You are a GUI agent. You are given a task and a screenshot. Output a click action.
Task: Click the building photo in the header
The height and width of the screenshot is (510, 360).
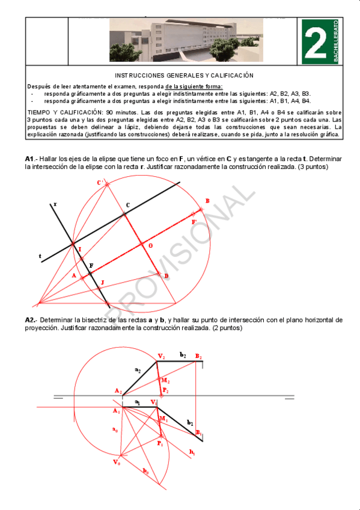point(186,40)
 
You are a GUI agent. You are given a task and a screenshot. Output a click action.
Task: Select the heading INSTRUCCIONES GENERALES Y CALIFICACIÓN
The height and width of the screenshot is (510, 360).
point(184,75)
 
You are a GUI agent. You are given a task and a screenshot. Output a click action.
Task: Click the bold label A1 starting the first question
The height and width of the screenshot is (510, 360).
point(30,158)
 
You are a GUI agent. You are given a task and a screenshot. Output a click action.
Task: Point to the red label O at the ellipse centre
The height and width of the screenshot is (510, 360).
point(150,246)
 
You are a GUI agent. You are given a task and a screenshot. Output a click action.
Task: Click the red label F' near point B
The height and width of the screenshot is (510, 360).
point(194,222)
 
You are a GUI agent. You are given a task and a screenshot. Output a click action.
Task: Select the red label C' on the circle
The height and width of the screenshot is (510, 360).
point(100,182)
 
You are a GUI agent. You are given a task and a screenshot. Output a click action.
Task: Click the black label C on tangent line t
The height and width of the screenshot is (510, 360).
point(127,206)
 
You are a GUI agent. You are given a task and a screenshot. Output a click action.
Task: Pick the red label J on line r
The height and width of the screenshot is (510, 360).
point(102,282)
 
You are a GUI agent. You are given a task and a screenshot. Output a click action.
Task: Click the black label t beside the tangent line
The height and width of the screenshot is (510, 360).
point(40,257)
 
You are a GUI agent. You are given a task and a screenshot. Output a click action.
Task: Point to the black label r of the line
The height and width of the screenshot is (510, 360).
point(55,204)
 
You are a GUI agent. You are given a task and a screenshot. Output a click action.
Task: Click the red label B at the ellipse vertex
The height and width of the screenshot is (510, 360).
point(207,200)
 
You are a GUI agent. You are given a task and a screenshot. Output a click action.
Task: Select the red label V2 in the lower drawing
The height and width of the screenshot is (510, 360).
point(160,356)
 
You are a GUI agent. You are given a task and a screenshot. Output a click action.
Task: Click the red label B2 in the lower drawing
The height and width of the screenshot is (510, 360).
point(198,356)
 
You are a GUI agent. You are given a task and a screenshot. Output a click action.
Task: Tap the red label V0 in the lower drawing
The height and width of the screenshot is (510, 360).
point(116,464)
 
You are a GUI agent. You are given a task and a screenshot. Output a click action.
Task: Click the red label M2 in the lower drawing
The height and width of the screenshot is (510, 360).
point(165,381)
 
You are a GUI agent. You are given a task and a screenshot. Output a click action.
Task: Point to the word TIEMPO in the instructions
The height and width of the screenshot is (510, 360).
point(40,112)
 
